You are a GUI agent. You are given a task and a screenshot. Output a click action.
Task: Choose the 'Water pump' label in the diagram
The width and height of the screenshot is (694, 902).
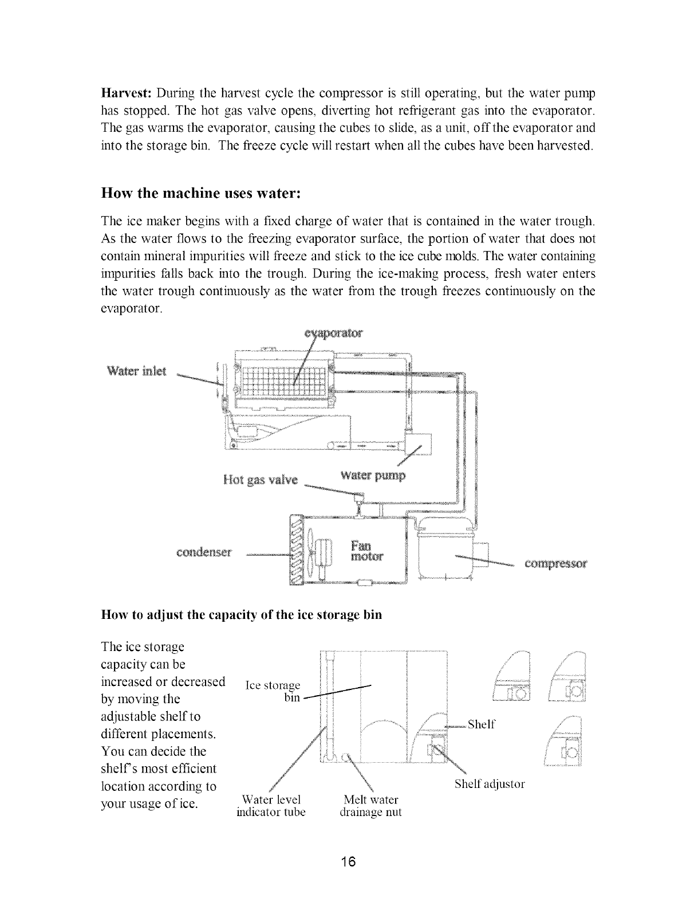(x=372, y=475)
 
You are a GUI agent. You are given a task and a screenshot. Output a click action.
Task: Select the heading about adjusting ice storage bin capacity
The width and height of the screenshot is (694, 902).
(x=241, y=615)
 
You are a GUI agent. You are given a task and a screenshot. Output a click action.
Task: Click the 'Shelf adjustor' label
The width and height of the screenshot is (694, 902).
(x=490, y=783)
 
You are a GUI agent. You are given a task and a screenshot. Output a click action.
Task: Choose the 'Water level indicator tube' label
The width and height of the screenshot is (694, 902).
(x=271, y=806)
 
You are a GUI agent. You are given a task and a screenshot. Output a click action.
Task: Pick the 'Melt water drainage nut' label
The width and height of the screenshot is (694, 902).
(x=370, y=806)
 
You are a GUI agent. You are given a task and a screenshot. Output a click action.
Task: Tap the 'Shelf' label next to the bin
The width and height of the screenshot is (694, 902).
(x=481, y=724)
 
